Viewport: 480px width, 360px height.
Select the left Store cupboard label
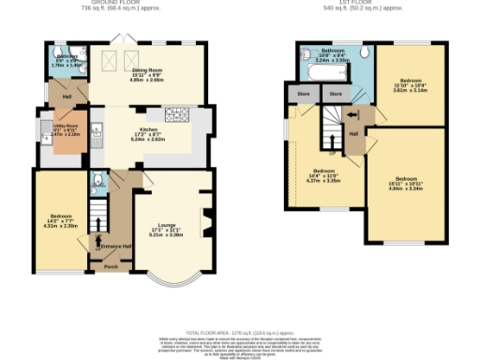304,94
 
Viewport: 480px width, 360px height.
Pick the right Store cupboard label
336,94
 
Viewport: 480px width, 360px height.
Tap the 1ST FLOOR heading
355,3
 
